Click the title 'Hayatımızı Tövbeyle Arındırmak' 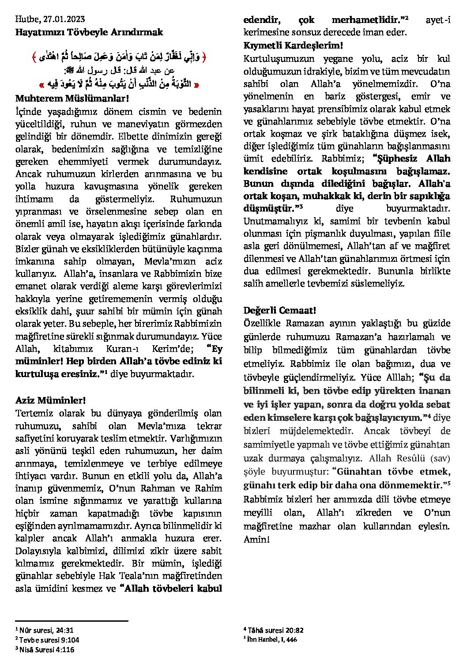[89, 32]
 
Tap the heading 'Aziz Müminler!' [50, 400]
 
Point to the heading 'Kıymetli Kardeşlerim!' [293, 45]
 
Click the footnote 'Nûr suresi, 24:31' [46, 630]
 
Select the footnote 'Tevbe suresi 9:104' [49, 640]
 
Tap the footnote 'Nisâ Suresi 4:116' [46, 650]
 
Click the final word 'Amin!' [256, 540]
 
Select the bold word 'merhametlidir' [368, 20]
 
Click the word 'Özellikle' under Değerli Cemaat [262, 324]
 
